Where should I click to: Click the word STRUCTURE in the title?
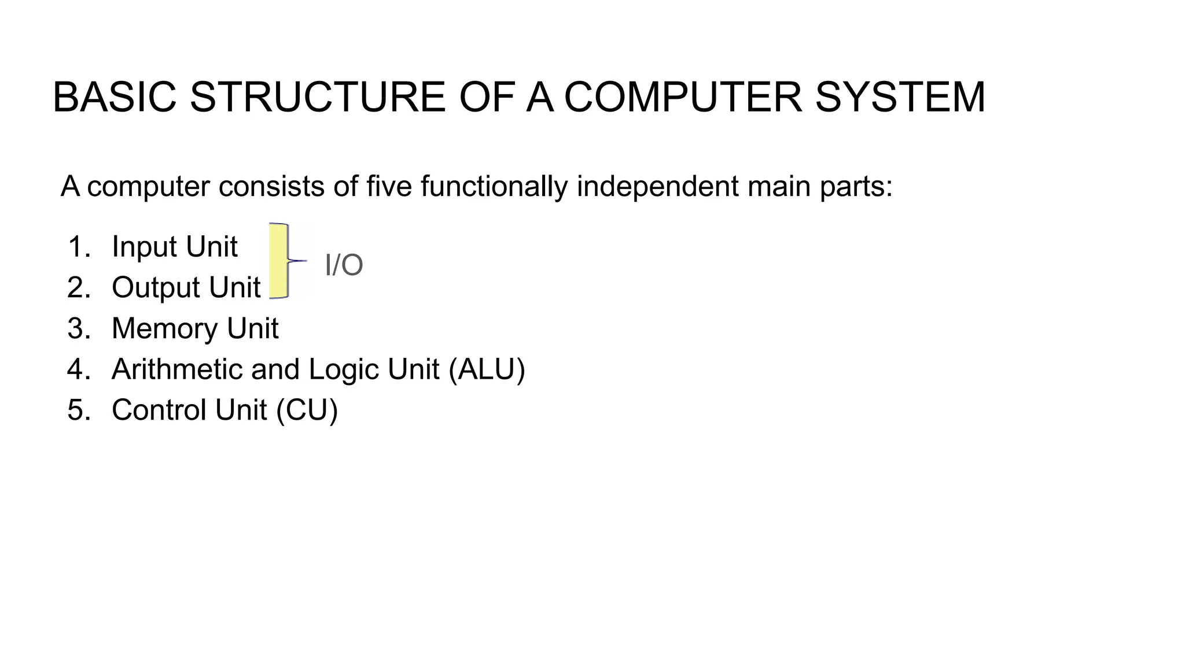(x=318, y=97)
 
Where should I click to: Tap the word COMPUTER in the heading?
(x=683, y=97)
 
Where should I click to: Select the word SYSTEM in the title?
(x=900, y=97)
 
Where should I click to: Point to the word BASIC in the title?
(x=114, y=97)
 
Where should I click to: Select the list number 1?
(x=79, y=247)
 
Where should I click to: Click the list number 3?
(x=79, y=328)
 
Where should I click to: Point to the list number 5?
(x=79, y=410)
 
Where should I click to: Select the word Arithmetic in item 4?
(x=177, y=369)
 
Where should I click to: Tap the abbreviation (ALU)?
(x=487, y=369)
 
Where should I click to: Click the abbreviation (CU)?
(x=307, y=410)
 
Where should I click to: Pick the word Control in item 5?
(x=159, y=410)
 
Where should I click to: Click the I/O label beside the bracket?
(x=344, y=265)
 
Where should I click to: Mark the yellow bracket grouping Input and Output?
(x=279, y=261)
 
